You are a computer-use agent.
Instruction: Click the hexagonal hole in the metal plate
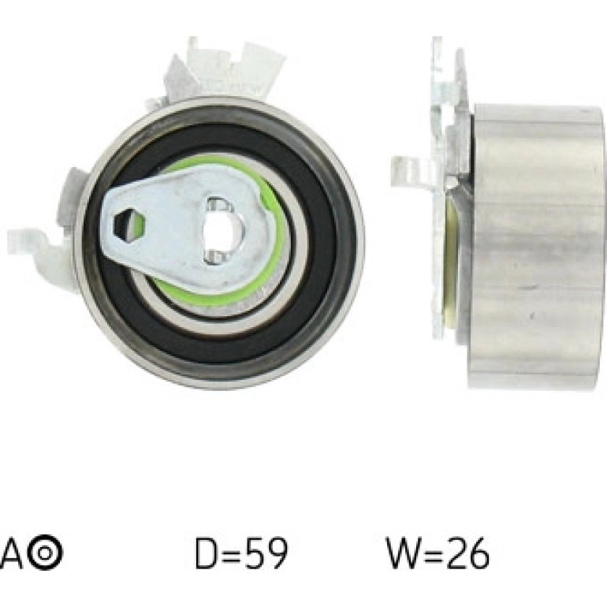[129, 225]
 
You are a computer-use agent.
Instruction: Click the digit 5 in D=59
[249, 553]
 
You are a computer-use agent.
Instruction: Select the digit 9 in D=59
[275, 553]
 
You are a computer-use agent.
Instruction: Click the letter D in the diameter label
[206, 553]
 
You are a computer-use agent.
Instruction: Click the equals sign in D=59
[228, 553]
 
